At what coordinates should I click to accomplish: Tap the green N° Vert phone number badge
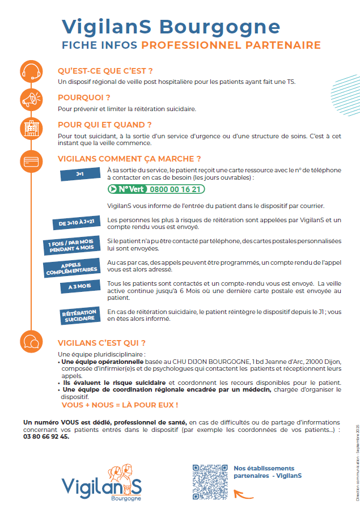156,189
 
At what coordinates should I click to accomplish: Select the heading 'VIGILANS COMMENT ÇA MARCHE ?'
129,159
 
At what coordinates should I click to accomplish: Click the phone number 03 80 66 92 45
46,436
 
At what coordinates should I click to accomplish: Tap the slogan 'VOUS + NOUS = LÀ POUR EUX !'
120,405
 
